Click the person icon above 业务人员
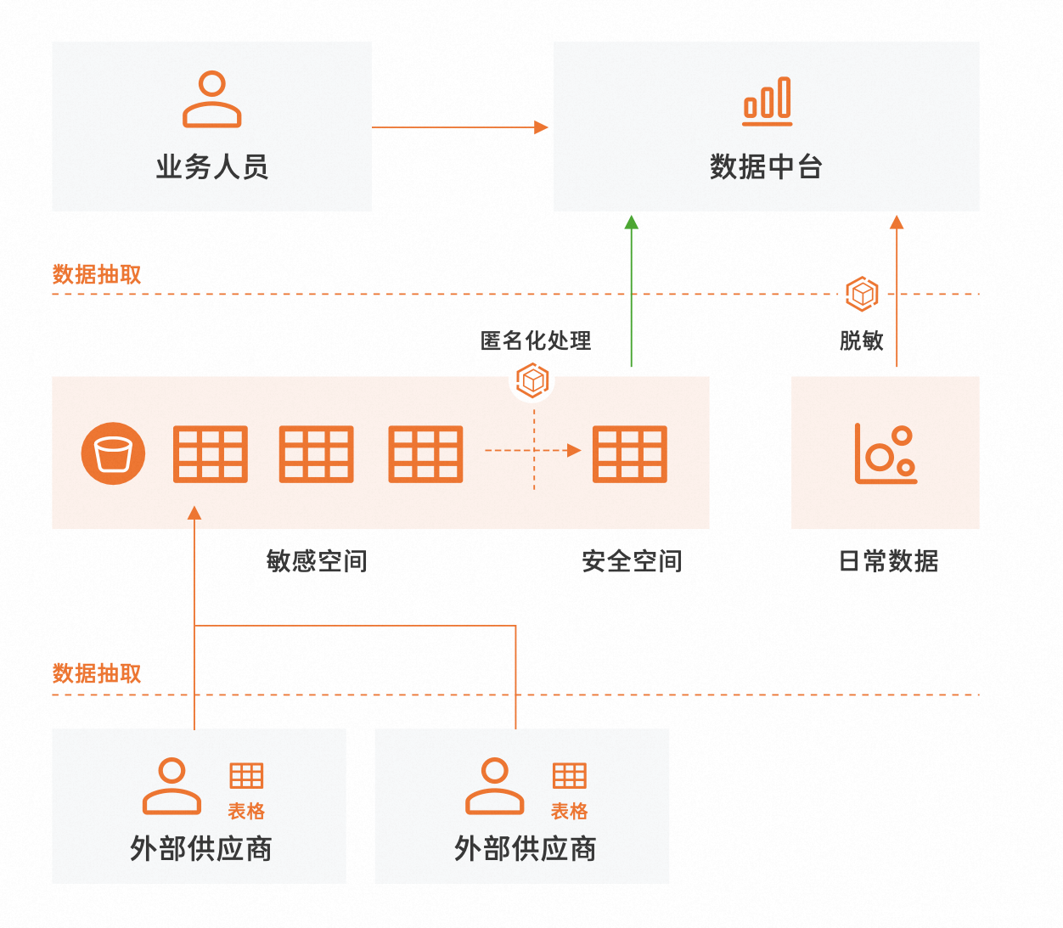[x=212, y=99]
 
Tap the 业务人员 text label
[x=212, y=167]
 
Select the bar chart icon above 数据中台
[x=767, y=101]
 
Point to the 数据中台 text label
[x=766, y=167]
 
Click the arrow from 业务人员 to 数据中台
[x=458, y=127]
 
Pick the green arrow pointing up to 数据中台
[x=631, y=289]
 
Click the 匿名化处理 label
[x=536, y=340]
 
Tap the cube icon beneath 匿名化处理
[x=533, y=380]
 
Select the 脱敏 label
[x=862, y=340]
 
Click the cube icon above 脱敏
[x=862, y=294]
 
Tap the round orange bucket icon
[x=113, y=453]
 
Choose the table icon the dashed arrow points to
[x=629, y=453]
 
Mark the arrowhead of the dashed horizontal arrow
[x=575, y=450]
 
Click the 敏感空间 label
[x=317, y=561]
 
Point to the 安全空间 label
[x=632, y=561]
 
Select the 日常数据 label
[x=888, y=561]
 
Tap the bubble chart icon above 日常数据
[x=886, y=453]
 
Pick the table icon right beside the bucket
[x=211, y=453]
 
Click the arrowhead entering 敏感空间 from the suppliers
[x=194, y=513]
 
